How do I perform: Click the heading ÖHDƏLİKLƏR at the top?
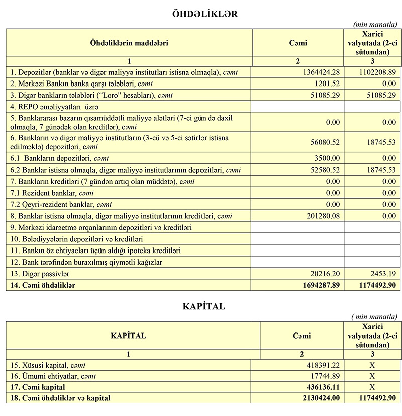point(205,14)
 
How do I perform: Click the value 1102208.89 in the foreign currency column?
point(375,72)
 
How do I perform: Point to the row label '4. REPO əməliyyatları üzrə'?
point(55,107)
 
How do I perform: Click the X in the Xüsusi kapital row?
point(372,365)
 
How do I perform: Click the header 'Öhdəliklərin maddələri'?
point(129,43)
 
